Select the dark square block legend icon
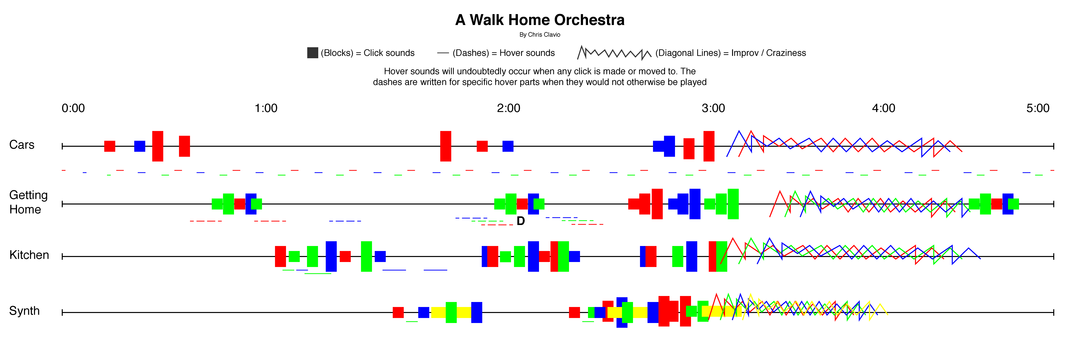pyautogui.click(x=312, y=53)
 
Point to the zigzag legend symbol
pyautogui.click(x=614, y=53)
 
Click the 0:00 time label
pyautogui.click(x=73, y=108)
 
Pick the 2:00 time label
pyautogui.click(x=508, y=108)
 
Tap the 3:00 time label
pyautogui.click(x=713, y=108)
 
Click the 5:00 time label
pyautogui.click(x=1038, y=108)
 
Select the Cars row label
pyautogui.click(x=22, y=144)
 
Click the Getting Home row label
pyautogui.click(x=28, y=202)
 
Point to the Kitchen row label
pyautogui.click(x=29, y=255)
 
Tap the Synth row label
pyautogui.click(x=24, y=310)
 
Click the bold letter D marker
pyautogui.click(x=521, y=221)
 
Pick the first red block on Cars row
pyautogui.click(x=110, y=146)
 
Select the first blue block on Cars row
pyautogui.click(x=139, y=146)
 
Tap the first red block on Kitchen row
pyautogui.click(x=280, y=256)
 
